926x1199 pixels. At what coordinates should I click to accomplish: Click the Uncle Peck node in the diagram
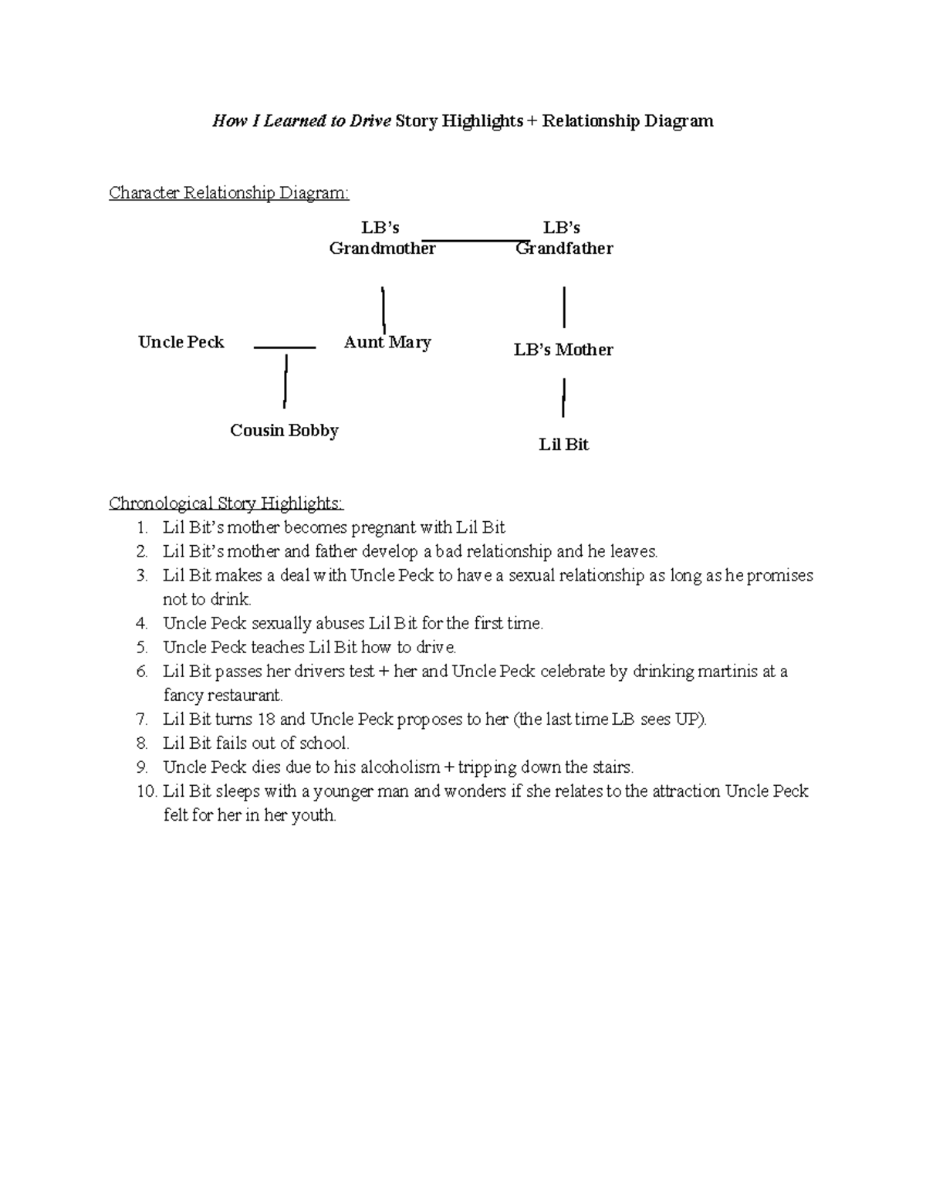pos(181,342)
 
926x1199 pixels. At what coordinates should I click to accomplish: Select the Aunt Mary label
pos(387,342)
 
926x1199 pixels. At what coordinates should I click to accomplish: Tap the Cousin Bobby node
pos(284,430)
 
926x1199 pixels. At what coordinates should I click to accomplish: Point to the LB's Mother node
pos(563,350)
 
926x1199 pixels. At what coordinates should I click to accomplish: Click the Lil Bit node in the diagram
pos(563,445)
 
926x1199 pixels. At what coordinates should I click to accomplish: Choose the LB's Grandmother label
pos(382,238)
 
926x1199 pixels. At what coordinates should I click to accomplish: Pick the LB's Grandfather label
pos(563,238)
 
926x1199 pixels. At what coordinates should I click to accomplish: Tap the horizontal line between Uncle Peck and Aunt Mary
pos(284,348)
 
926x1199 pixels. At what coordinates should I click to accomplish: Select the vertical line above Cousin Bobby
pos(286,380)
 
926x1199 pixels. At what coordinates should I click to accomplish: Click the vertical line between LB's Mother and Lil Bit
pos(564,398)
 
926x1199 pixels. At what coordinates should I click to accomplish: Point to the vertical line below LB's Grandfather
pos(565,307)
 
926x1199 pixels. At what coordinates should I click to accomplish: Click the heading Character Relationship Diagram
pos(228,193)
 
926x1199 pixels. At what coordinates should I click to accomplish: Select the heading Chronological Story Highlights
pos(226,504)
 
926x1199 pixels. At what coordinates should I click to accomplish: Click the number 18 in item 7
pos(266,720)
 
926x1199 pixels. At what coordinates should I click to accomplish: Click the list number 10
pos(146,791)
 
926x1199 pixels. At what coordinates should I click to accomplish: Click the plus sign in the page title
pos(532,121)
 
